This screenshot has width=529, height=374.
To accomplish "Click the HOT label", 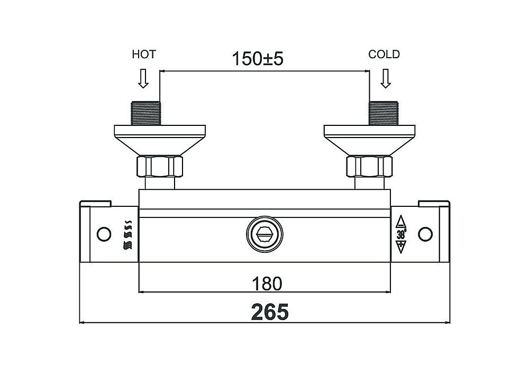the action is (x=144, y=54).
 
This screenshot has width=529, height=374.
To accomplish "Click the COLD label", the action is (x=384, y=54).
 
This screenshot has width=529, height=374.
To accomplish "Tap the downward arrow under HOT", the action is (x=143, y=78).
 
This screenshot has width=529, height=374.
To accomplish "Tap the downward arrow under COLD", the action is (x=386, y=78).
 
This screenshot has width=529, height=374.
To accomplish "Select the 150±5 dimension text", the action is (x=258, y=59).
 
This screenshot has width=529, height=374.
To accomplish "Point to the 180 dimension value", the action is (x=267, y=284).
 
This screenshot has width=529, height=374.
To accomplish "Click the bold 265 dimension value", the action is (x=270, y=312).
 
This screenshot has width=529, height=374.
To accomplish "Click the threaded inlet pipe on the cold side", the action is (x=384, y=113).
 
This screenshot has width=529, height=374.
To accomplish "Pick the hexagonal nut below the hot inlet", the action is (x=160, y=166).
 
